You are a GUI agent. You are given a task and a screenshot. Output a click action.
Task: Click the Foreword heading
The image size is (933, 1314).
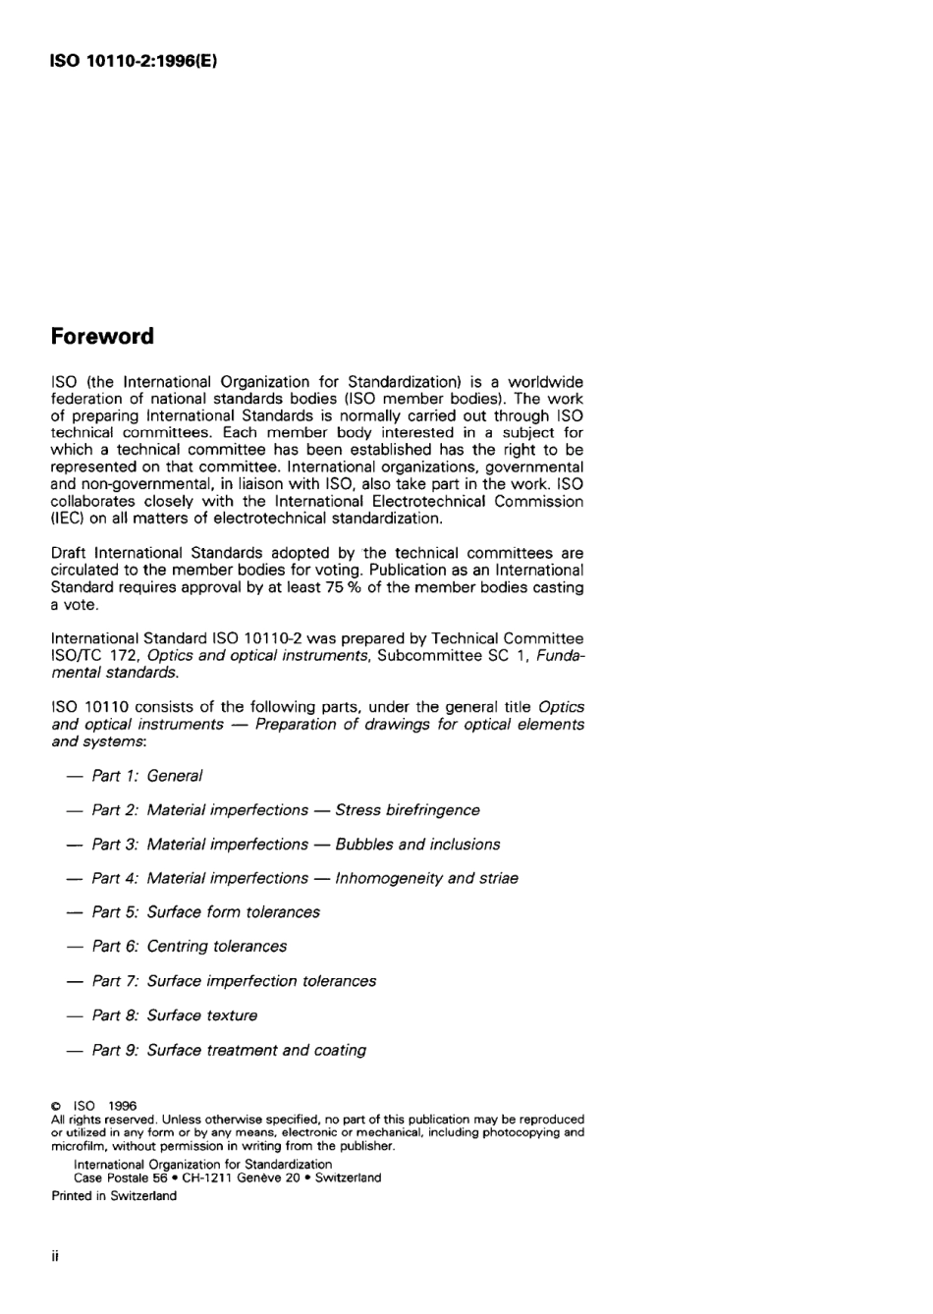click(x=102, y=337)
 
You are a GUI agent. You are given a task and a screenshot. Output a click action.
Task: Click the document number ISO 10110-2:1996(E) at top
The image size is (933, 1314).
click(x=134, y=61)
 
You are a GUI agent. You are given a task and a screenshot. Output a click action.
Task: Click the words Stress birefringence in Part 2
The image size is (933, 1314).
click(x=408, y=810)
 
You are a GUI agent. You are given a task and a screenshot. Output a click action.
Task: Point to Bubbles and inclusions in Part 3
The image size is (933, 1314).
click(x=417, y=845)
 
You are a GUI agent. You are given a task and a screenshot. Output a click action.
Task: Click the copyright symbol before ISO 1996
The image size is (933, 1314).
click(x=56, y=1106)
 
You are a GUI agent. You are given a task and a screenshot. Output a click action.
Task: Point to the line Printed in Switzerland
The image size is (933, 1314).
click(x=114, y=1196)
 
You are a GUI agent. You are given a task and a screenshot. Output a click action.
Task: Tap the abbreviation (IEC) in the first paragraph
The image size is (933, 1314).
click(x=67, y=519)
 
